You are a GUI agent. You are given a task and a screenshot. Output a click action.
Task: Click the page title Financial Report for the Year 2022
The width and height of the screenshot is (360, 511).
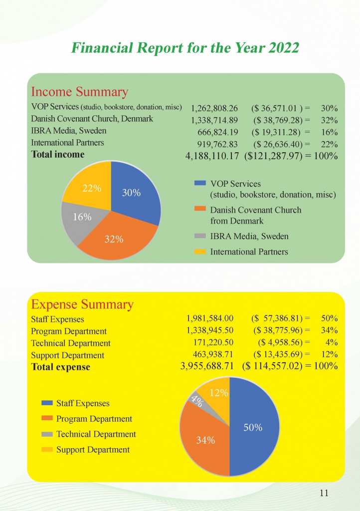click(185, 47)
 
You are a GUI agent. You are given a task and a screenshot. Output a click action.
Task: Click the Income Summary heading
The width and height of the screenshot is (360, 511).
click(79, 92)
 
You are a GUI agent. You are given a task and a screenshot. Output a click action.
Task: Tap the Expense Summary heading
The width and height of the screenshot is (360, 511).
click(82, 305)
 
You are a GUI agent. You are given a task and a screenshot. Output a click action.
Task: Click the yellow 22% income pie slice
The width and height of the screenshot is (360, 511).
click(90, 188)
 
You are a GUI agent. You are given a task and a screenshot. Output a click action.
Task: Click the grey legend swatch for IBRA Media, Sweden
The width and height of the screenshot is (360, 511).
click(200, 236)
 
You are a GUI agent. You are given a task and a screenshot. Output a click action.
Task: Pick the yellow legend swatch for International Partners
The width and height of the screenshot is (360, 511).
click(200, 252)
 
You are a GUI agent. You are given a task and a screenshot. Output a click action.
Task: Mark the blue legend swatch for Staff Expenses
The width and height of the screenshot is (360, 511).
click(47, 403)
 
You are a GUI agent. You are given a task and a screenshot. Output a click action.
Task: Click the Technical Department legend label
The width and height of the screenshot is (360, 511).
click(96, 434)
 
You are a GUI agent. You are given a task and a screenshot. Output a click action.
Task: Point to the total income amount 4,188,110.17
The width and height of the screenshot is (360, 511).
click(212, 156)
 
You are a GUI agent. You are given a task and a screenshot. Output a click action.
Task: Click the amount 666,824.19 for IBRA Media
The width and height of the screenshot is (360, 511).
click(218, 132)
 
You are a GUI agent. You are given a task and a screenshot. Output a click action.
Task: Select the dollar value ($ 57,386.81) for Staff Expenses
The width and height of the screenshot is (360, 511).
click(277, 318)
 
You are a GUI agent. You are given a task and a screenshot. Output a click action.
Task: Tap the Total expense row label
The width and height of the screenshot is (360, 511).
click(60, 367)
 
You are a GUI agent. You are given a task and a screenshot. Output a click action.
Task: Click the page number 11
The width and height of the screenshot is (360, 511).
click(324, 493)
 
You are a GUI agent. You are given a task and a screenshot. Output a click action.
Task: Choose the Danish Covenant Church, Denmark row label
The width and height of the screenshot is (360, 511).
click(92, 119)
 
